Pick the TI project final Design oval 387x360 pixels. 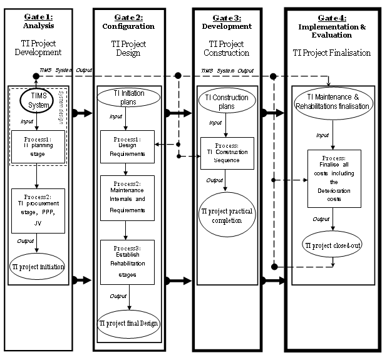point(128,323)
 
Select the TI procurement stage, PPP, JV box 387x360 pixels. point(38,209)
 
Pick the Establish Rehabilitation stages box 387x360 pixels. point(127,262)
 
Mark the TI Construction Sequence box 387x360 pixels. point(227,152)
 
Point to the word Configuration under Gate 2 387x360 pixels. point(128,27)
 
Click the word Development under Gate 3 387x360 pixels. point(226,27)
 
